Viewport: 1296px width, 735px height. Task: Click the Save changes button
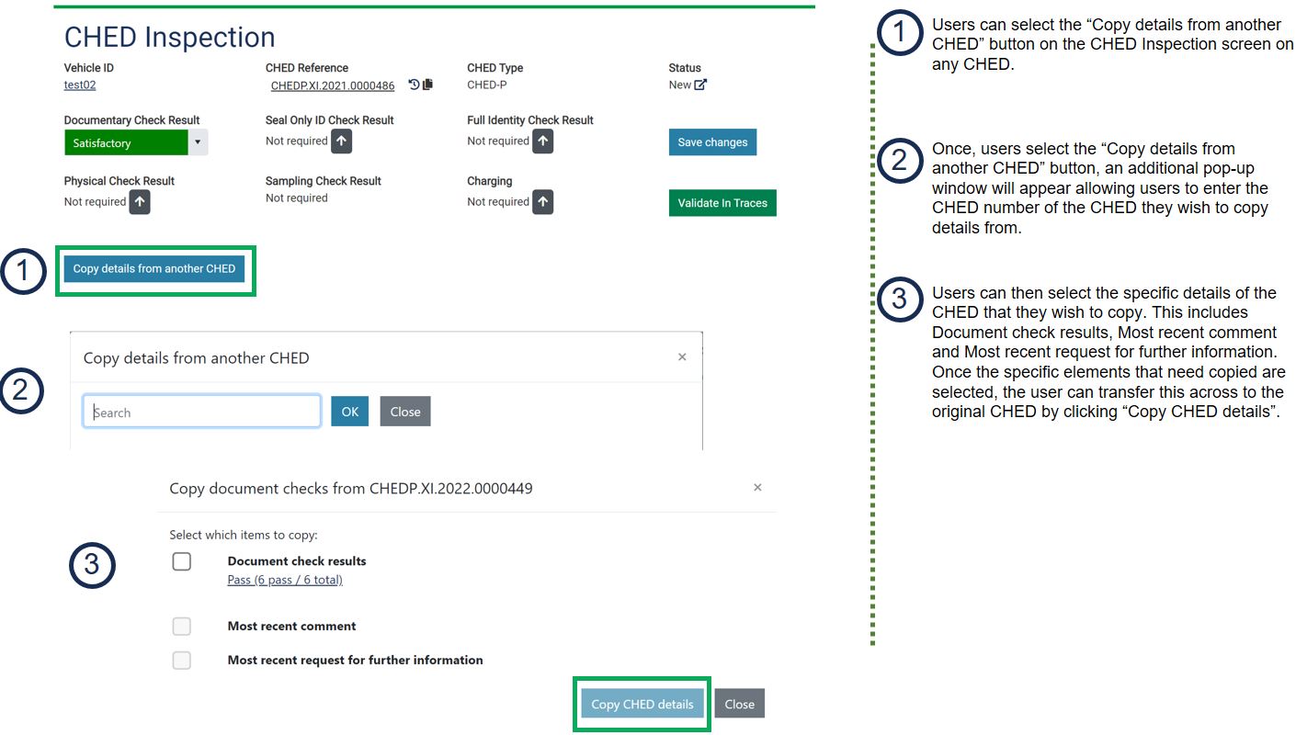click(712, 142)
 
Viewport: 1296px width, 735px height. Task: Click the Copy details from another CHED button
click(153, 269)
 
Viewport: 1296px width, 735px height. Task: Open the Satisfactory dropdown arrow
click(198, 142)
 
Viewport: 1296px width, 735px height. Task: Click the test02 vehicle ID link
click(80, 85)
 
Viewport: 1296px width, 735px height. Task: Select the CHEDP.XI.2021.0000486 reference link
click(333, 85)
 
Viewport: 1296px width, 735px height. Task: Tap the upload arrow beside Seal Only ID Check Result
click(341, 141)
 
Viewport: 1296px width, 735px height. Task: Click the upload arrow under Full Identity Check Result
click(542, 141)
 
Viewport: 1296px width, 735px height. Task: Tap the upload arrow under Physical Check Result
click(140, 202)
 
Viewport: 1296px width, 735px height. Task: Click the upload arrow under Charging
click(542, 202)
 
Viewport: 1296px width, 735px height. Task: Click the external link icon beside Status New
click(700, 85)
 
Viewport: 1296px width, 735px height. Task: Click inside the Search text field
click(201, 412)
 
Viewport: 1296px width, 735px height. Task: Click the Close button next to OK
click(405, 412)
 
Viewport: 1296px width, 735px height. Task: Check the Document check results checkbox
click(182, 561)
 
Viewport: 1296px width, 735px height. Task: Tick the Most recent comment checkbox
click(182, 627)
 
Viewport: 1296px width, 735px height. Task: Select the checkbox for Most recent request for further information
click(182, 661)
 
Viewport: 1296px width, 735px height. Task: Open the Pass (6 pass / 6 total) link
click(285, 580)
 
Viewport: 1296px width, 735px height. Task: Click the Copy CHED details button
click(642, 704)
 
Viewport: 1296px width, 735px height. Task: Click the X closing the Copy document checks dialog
click(757, 488)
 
